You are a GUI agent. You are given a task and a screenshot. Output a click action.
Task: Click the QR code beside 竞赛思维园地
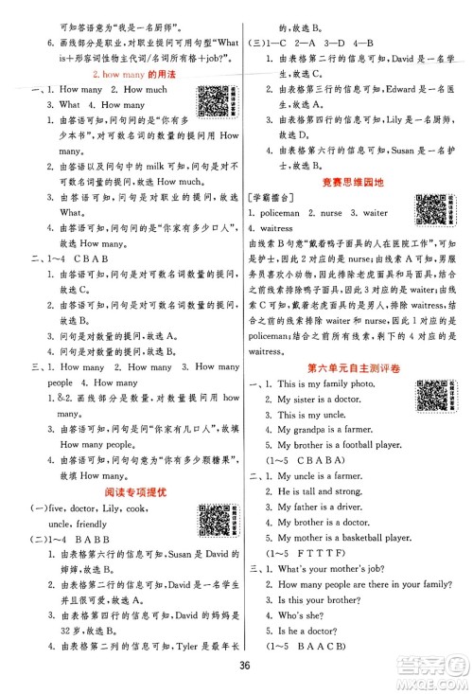click(x=431, y=211)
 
